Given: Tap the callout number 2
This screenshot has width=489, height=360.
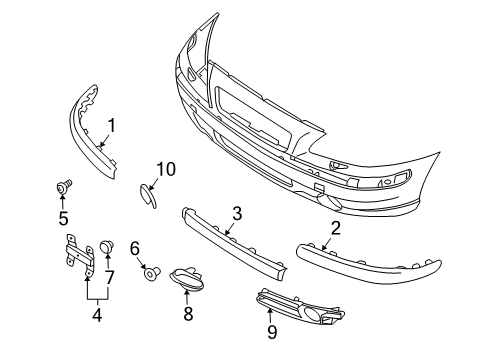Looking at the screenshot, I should pos(335,228).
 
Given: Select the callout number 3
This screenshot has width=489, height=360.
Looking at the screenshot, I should pos(237,212).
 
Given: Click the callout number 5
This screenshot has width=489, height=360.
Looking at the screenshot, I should pos(63,217).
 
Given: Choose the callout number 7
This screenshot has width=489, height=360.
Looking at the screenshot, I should pos(110,277).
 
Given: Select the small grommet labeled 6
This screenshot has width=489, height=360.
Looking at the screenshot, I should pos(150,271).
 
